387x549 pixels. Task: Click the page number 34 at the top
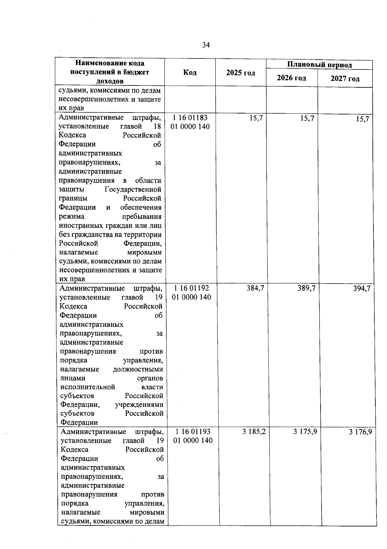tap(206, 45)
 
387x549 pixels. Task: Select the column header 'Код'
tap(190, 73)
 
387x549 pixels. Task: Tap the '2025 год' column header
tap(241, 73)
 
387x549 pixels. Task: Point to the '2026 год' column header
tap(292, 78)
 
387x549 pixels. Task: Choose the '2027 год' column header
tap(345, 79)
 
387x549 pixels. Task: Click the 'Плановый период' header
tap(319, 65)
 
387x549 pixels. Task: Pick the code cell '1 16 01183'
tap(190, 118)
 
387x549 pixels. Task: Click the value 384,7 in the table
tap(255, 288)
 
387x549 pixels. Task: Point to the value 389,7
tap(306, 288)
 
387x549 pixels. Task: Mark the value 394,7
tap(362, 289)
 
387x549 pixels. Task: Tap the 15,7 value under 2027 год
tap(362, 119)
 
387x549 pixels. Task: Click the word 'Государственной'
tap(133, 190)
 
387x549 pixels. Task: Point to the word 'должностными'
tap(138, 369)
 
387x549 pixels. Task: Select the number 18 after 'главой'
tap(157, 126)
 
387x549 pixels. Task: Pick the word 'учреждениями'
tap(139, 405)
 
